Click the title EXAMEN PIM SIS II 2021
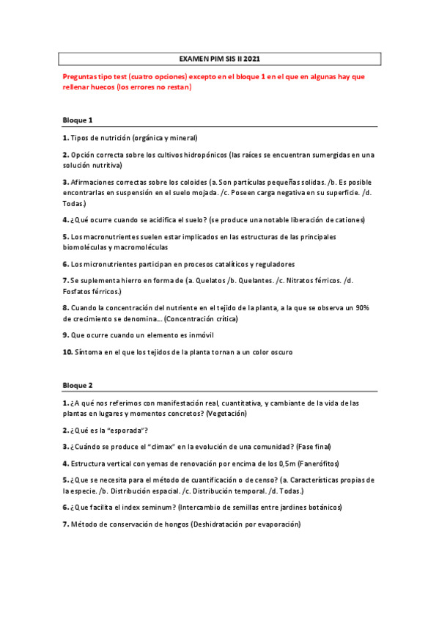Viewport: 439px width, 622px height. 219,58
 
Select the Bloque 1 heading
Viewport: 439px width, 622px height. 78,120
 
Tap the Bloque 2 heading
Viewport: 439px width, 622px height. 78,385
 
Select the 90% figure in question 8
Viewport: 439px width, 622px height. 364,307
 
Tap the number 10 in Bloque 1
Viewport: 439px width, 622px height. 67,352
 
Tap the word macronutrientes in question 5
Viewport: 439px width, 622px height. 105,236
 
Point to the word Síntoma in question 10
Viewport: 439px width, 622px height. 89,352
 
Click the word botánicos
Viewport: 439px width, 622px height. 322,507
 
